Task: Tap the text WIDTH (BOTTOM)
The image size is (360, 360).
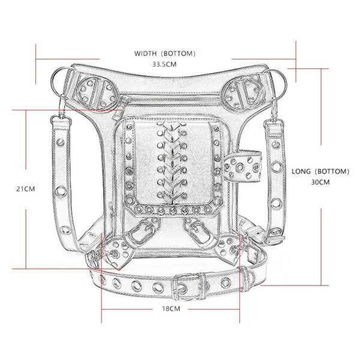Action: coord(165,53)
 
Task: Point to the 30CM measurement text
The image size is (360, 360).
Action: coord(320,181)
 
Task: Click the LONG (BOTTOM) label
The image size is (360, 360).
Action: coord(320,172)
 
